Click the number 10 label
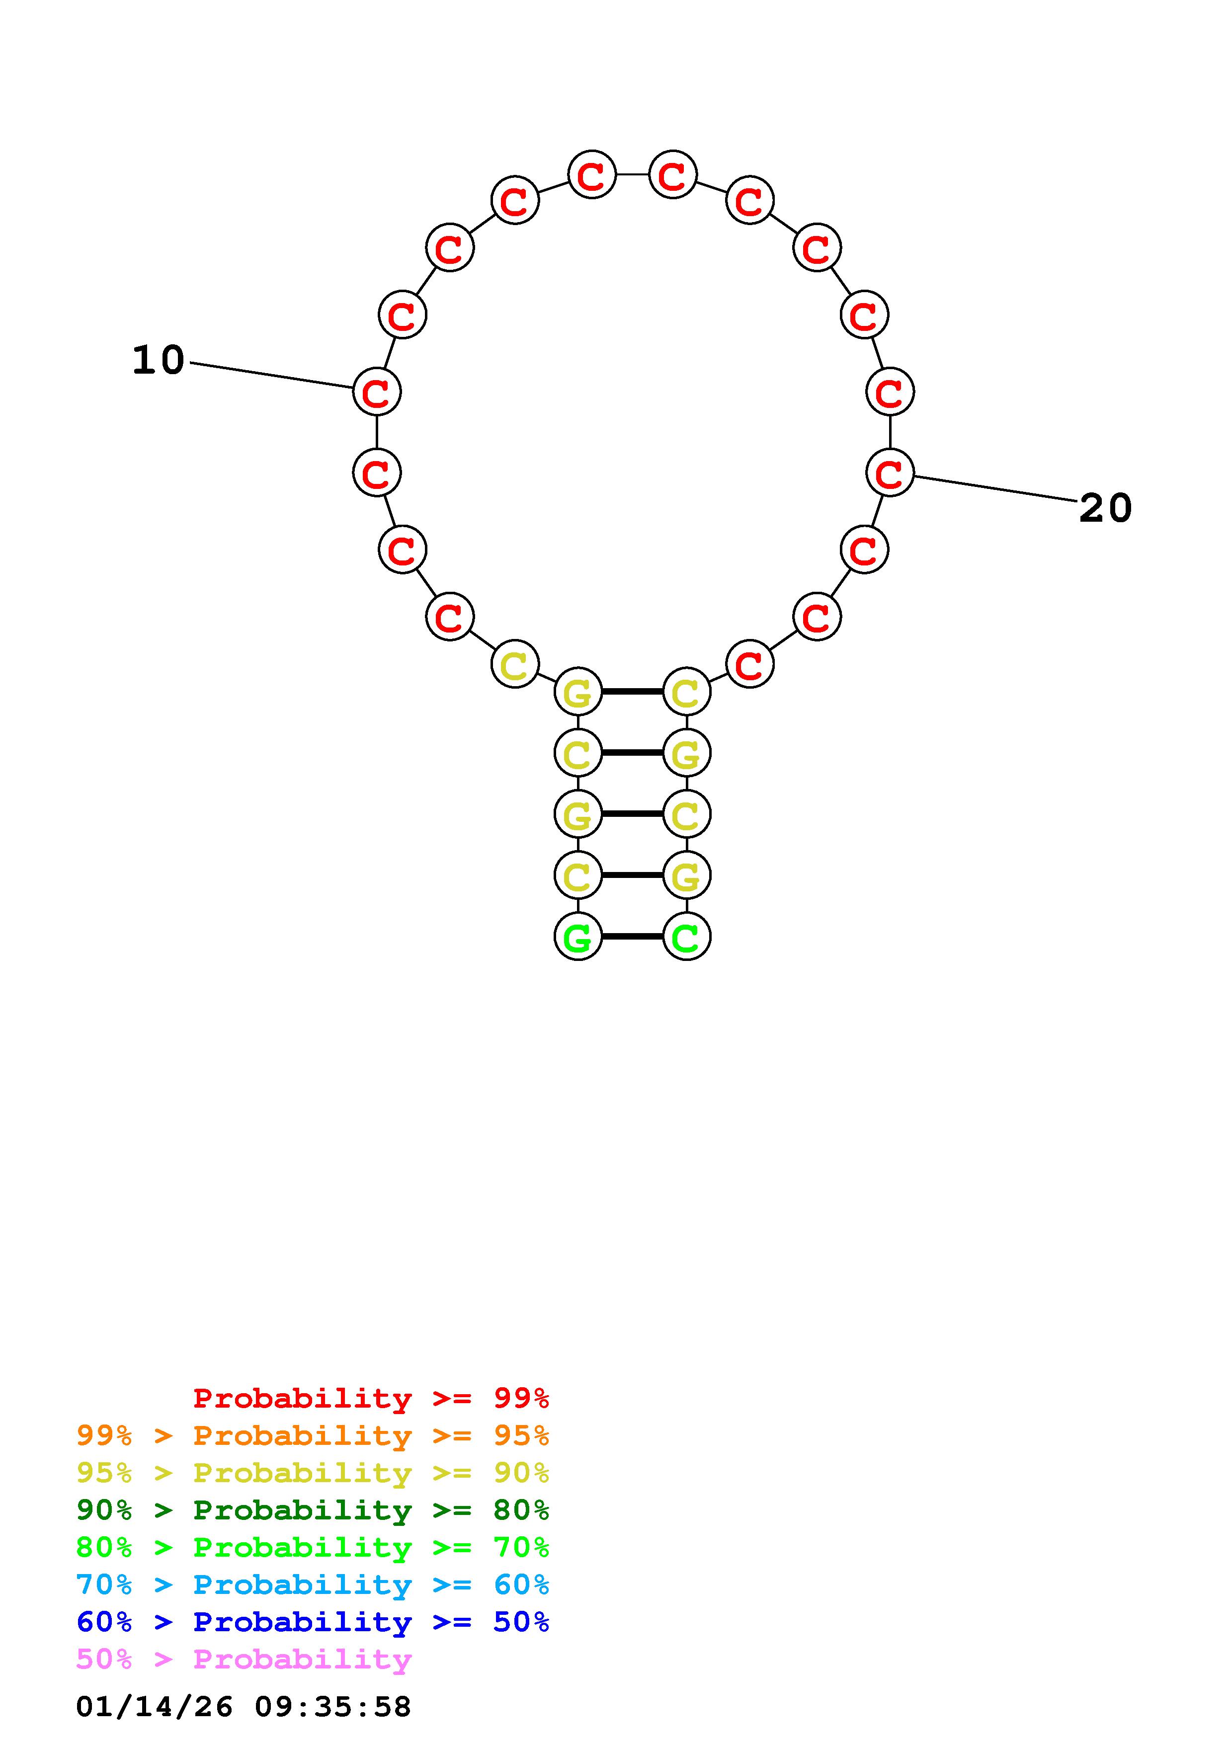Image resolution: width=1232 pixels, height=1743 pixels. pos(159,360)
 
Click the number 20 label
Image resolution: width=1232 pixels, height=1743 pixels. pos(1105,508)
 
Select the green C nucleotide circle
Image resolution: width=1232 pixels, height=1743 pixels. pos(687,937)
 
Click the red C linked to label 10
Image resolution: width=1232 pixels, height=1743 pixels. pos(377,392)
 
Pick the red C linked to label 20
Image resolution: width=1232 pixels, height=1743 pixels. pos(890,472)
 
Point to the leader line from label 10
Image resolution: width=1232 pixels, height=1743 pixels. pos(272,376)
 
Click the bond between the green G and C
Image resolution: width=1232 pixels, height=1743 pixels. pos(632,937)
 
